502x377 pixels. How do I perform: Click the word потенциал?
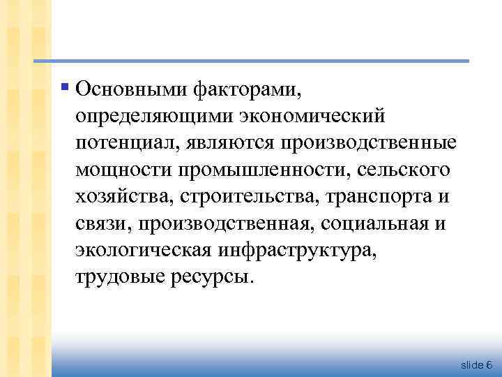(127, 143)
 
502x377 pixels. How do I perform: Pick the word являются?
(227, 143)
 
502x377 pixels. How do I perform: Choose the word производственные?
(368, 143)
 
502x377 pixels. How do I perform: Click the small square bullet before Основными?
(65, 87)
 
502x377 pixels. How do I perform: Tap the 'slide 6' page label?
(477, 365)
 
